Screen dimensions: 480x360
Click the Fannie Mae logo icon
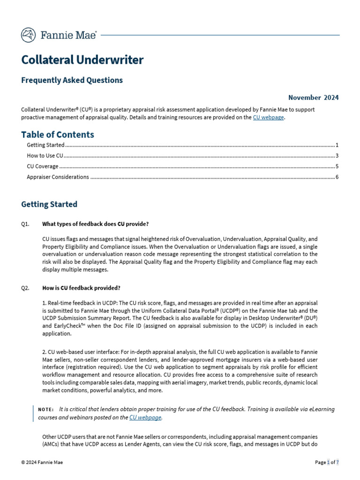29,35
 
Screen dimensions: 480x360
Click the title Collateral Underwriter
82,60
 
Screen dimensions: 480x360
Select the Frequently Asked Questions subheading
72,80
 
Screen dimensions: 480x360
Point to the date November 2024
313,97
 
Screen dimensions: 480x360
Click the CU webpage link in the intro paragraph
268,118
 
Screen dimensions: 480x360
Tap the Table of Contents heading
57,135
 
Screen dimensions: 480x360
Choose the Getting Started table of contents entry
45,145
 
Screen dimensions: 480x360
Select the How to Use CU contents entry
45,156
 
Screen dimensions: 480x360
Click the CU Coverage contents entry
43,166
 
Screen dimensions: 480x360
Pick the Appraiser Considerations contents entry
58,177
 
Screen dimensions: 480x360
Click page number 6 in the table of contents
337,177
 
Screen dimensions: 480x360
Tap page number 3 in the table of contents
337,156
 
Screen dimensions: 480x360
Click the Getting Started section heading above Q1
49,204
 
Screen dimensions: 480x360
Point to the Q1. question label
25,224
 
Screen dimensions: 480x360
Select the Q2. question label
25,288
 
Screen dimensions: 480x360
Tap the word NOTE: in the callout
46,410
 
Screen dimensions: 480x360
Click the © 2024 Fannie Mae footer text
42,462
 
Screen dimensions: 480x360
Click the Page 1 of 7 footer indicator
327,462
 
